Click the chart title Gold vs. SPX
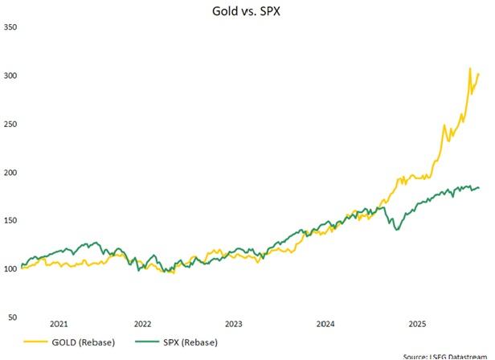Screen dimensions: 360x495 (247, 10)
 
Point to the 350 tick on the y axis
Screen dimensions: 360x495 (11, 27)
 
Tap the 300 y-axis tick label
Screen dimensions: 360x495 (11, 76)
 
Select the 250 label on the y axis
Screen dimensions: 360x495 (11, 124)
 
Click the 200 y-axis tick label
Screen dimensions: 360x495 (11, 172)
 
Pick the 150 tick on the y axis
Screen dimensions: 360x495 (11, 220)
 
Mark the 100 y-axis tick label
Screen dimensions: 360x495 (11, 268)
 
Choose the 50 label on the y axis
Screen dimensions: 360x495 (11, 317)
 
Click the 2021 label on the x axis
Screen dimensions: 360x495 (59, 324)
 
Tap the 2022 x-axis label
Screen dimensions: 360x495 (143, 324)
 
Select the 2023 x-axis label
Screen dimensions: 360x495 (234, 324)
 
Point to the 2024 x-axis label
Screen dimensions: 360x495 (325, 324)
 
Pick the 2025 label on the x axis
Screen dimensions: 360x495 (417, 324)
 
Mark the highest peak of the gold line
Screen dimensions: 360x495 (470, 69)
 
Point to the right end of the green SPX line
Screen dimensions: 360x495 (479, 188)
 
